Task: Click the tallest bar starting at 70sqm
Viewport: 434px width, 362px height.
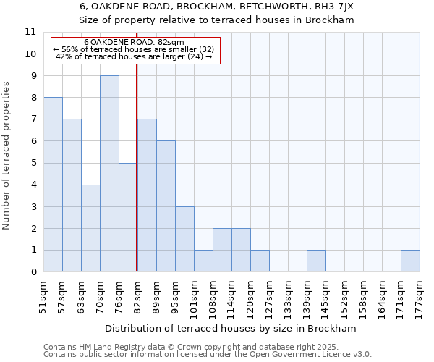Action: pyautogui.click(x=109, y=174)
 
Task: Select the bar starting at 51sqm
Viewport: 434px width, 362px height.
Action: pyautogui.click(x=53, y=185)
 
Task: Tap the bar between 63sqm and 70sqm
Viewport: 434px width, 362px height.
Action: pyautogui.click(x=90, y=228)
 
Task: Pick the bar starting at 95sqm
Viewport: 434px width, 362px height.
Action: pyautogui.click(x=184, y=239)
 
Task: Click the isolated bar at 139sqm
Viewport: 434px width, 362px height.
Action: pyautogui.click(x=316, y=261)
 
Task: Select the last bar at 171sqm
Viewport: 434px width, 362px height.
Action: pyautogui.click(x=410, y=261)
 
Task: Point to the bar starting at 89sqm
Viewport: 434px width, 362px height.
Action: pyautogui.click(x=166, y=206)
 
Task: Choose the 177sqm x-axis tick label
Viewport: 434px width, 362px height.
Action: pyautogui.click(x=420, y=296)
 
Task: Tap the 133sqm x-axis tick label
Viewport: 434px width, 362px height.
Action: pyautogui.click(x=288, y=296)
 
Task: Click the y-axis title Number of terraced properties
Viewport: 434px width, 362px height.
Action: pyautogui.click(x=7, y=156)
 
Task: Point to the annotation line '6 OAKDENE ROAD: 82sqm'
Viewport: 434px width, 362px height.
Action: pyautogui.click(x=135, y=42)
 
